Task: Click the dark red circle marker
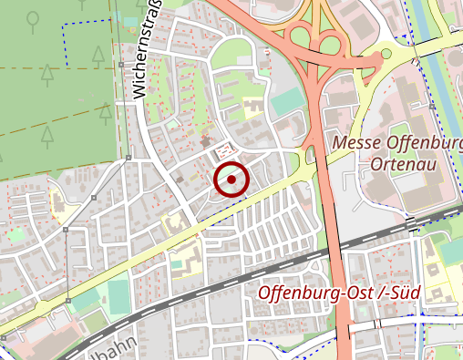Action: [x=231, y=180]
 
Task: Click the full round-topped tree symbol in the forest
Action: [x=33, y=18]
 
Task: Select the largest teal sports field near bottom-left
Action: [x=118, y=293]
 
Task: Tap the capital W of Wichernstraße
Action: [x=140, y=88]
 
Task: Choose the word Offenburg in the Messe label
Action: [x=424, y=143]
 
